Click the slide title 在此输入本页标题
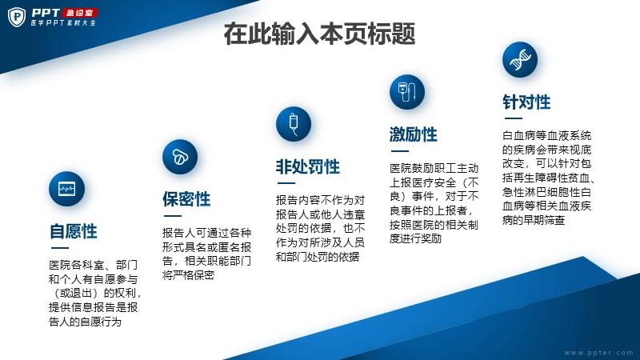[319, 34]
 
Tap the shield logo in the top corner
[17, 17]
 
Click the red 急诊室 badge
[79, 13]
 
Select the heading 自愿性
[74, 231]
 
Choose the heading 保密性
[186, 199]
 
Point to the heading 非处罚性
[308, 167]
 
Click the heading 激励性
[413, 134]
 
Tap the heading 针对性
[526, 102]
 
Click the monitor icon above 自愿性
[66, 189]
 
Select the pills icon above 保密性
[180, 157]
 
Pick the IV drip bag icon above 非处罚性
[294, 125]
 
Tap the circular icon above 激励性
[407, 92]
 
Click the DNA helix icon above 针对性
[520, 59]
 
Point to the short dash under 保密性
[173, 216]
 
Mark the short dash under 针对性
[514, 118]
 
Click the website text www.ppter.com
[598, 353]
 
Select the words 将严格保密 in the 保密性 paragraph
[188, 275]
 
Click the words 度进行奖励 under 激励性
[415, 238]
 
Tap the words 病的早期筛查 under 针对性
[534, 221]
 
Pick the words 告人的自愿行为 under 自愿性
[86, 322]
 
